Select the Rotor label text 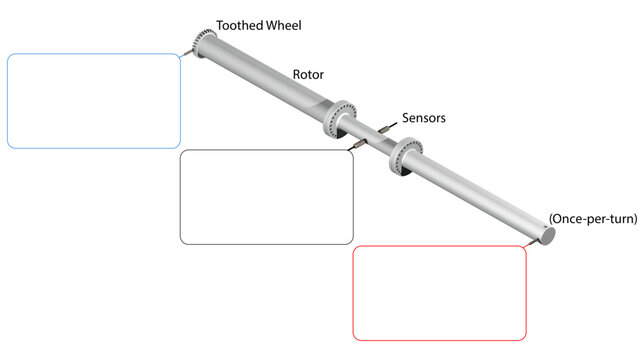(308, 74)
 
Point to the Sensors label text (424, 118)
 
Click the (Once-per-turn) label (592, 218)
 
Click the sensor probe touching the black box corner (356, 147)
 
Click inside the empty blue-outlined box (94, 100)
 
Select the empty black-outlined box (266, 197)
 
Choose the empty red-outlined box (440, 292)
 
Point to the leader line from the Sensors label (392, 125)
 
